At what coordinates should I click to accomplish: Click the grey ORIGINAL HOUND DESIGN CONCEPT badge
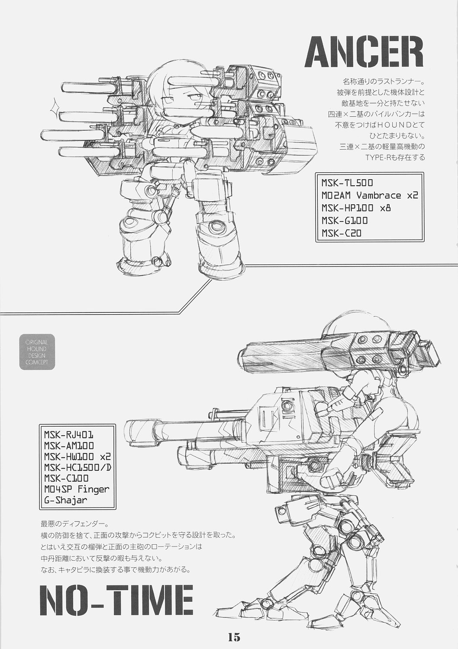pyautogui.click(x=37, y=352)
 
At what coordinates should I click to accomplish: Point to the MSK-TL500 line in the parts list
pyautogui.click(x=347, y=183)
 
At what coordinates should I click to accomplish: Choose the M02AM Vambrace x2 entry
pyautogui.click(x=369, y=195)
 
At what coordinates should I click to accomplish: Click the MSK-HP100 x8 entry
pyautogui.click(x=356, y=208)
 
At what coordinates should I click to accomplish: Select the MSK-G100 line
pyautogui.click(x=345, y=221)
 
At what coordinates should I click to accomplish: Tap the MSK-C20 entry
pyautogui.click(x=341, y=234)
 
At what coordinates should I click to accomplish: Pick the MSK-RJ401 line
pyautogui.click(x=69, y=434)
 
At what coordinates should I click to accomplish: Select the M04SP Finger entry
pyautogui.click(x=77, y=489)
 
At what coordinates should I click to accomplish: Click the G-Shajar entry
pyautogui.click(x=65, y=501)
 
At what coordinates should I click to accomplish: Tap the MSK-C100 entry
pyautogui.click(x=66, y=478)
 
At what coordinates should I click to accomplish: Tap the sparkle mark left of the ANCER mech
pyautogui.click(x=55, y=104)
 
